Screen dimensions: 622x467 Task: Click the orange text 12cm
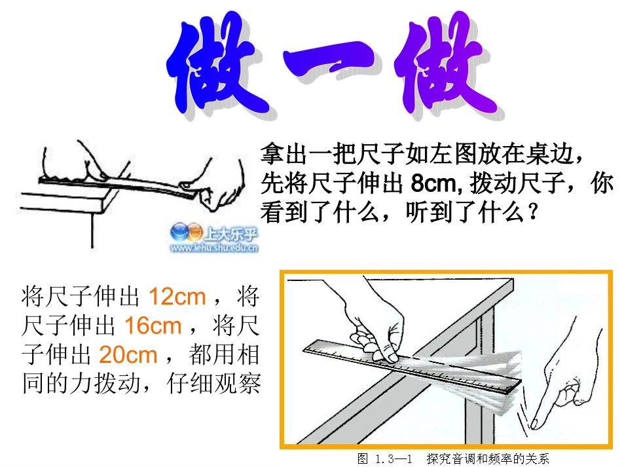pos(177,297)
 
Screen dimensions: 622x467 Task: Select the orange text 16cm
pos(153,326)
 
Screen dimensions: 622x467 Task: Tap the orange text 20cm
pos(128,354)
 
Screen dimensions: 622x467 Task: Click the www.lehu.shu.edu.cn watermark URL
pos(214,248)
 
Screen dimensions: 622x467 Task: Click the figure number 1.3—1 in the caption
pos(393,459)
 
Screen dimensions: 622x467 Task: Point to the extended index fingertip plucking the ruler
pos(534,424)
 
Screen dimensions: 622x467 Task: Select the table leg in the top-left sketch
pos(92,230)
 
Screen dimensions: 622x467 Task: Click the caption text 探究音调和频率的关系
pos(488,459)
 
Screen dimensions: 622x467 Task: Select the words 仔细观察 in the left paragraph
pos(213,383)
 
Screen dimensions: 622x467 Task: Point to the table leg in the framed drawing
pos(481,381)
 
